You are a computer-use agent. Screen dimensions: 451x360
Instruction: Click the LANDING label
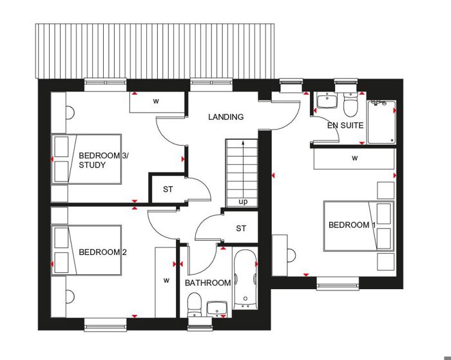click(226, 117)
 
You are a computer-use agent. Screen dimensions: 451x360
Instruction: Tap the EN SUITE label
click(345, 126)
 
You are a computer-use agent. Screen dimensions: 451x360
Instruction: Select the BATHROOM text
click(207, 283)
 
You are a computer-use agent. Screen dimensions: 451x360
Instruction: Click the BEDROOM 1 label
click(352, 225)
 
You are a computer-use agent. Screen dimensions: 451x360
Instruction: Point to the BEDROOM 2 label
click(102, 252)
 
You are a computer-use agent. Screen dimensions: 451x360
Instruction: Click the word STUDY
click(92, 165)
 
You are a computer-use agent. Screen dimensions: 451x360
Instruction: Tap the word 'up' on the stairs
click(243, 202)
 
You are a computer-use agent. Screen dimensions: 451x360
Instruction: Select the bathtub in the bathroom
click(245, 279)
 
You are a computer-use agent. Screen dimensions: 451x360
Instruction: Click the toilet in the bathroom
click(194, 305)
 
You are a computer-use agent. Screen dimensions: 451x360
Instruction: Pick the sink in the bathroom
click(218, 309)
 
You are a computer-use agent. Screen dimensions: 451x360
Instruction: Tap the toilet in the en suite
click(350, 105)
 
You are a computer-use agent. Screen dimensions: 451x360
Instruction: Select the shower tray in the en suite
click(381, 122)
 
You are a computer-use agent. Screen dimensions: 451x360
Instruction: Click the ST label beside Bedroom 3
click(168, 189)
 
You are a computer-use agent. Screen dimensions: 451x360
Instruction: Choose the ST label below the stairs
click(241, 229)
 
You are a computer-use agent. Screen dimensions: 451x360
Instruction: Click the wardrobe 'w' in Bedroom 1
click(355, 158)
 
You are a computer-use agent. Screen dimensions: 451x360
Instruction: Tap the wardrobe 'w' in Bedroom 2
click(166, 280)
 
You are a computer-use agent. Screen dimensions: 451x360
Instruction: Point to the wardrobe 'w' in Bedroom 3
click(156, 101)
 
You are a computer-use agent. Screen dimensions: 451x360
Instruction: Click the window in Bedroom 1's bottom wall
click(338, 285)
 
